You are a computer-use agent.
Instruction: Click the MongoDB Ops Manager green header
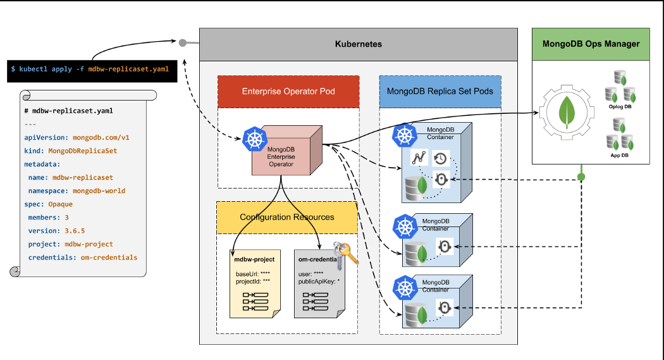pos(591,44)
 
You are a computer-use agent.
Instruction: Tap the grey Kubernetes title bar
pos(358,44)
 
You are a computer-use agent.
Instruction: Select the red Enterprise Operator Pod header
pos(288,92)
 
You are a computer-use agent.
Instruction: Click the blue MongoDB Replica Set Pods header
pos(440,91)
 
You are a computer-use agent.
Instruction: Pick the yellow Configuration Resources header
pos(286,218)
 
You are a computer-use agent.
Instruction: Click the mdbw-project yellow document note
pos(252,282)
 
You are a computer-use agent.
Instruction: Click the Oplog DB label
pos(620,106)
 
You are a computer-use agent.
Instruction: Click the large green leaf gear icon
pos(569,113)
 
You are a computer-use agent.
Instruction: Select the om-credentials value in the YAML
pos(109,258)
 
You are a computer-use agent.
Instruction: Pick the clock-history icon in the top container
pos(441,159)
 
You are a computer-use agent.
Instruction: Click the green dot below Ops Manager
pos(582,177)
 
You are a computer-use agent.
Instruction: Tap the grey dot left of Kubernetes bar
pos(183,43)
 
